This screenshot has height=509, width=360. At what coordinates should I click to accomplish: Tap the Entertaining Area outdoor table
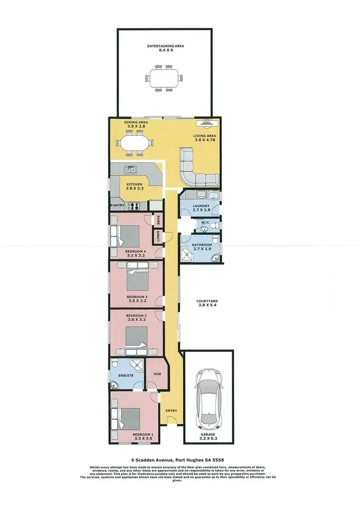pos(165,79)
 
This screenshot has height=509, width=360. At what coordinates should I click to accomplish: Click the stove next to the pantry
pos(133,206)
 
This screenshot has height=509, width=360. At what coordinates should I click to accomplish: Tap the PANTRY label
pos(118,206)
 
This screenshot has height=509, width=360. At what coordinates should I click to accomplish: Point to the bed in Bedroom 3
pos(138,280)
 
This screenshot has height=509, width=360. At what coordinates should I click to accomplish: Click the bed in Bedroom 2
pos(138,338)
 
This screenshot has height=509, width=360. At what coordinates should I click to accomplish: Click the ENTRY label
pos(171,411)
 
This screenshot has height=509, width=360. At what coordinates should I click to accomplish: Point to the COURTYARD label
pos(206,301)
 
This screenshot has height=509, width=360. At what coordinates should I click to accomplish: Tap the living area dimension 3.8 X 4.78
pos(202,141)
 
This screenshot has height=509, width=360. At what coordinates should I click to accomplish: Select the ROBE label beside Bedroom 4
pos(157,219)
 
